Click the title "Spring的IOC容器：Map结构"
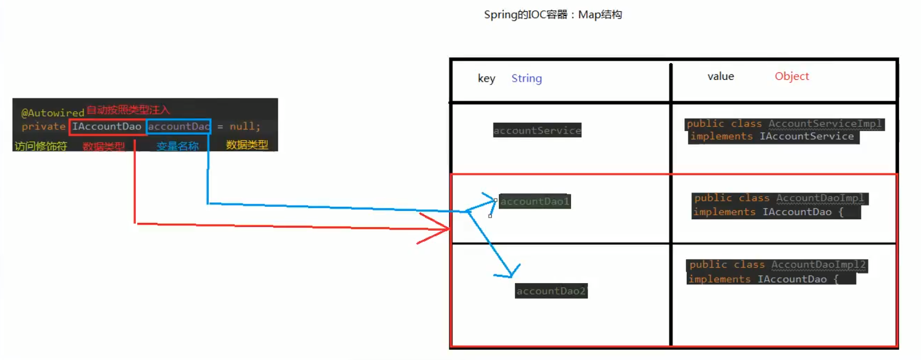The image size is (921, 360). click(553, 15)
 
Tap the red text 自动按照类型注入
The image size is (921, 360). click(128, 110)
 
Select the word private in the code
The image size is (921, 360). click(44, 126)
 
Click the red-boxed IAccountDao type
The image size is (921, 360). click(107, 126)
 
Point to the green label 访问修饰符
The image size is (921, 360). click(40, 145)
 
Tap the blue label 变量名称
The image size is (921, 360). click(177, 145)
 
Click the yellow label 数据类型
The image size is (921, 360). click(247, 145)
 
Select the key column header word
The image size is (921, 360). click(486, 79)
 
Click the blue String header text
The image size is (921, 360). click(526, 79)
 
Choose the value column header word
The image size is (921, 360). click(721, 76)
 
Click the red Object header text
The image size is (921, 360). click(792, 76)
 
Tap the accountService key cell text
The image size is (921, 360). click(537, 131)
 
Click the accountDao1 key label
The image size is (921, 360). click(535, 201)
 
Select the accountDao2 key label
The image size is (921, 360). click(551, 291)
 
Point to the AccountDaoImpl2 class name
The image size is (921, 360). click(818, 264)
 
